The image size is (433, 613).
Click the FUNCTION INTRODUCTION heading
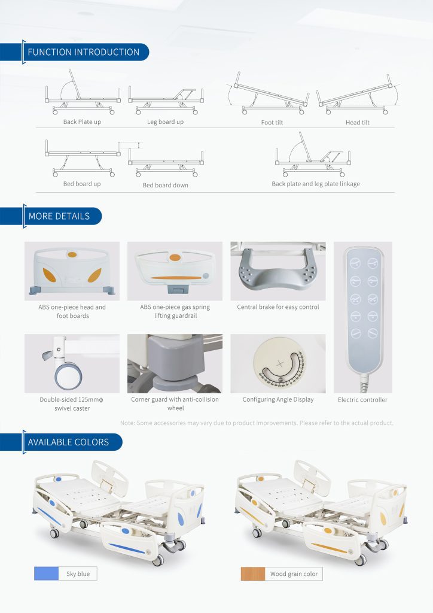coord(83,52)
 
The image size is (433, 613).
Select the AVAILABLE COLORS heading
coord(68,442)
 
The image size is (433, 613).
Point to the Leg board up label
coord(165,122)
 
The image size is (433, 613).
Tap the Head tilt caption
coord(357,122)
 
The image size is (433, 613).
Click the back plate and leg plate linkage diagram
coord(313,154)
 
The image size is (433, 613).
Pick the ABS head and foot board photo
coord(72,271)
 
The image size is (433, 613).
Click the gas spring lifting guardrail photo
coord(175,271)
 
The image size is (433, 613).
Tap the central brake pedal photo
coord(278,271)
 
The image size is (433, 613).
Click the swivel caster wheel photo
coord(72,363)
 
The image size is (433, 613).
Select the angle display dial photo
coord(278,363)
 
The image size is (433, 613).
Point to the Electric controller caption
coord(362,399)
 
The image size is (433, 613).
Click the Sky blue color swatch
coord(47,573)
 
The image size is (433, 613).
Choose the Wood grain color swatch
coord(252,573)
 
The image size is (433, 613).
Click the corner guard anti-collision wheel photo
coord(175,363)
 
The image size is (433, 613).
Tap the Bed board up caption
coord(82,184)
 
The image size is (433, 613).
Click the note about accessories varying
coord(257,423)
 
